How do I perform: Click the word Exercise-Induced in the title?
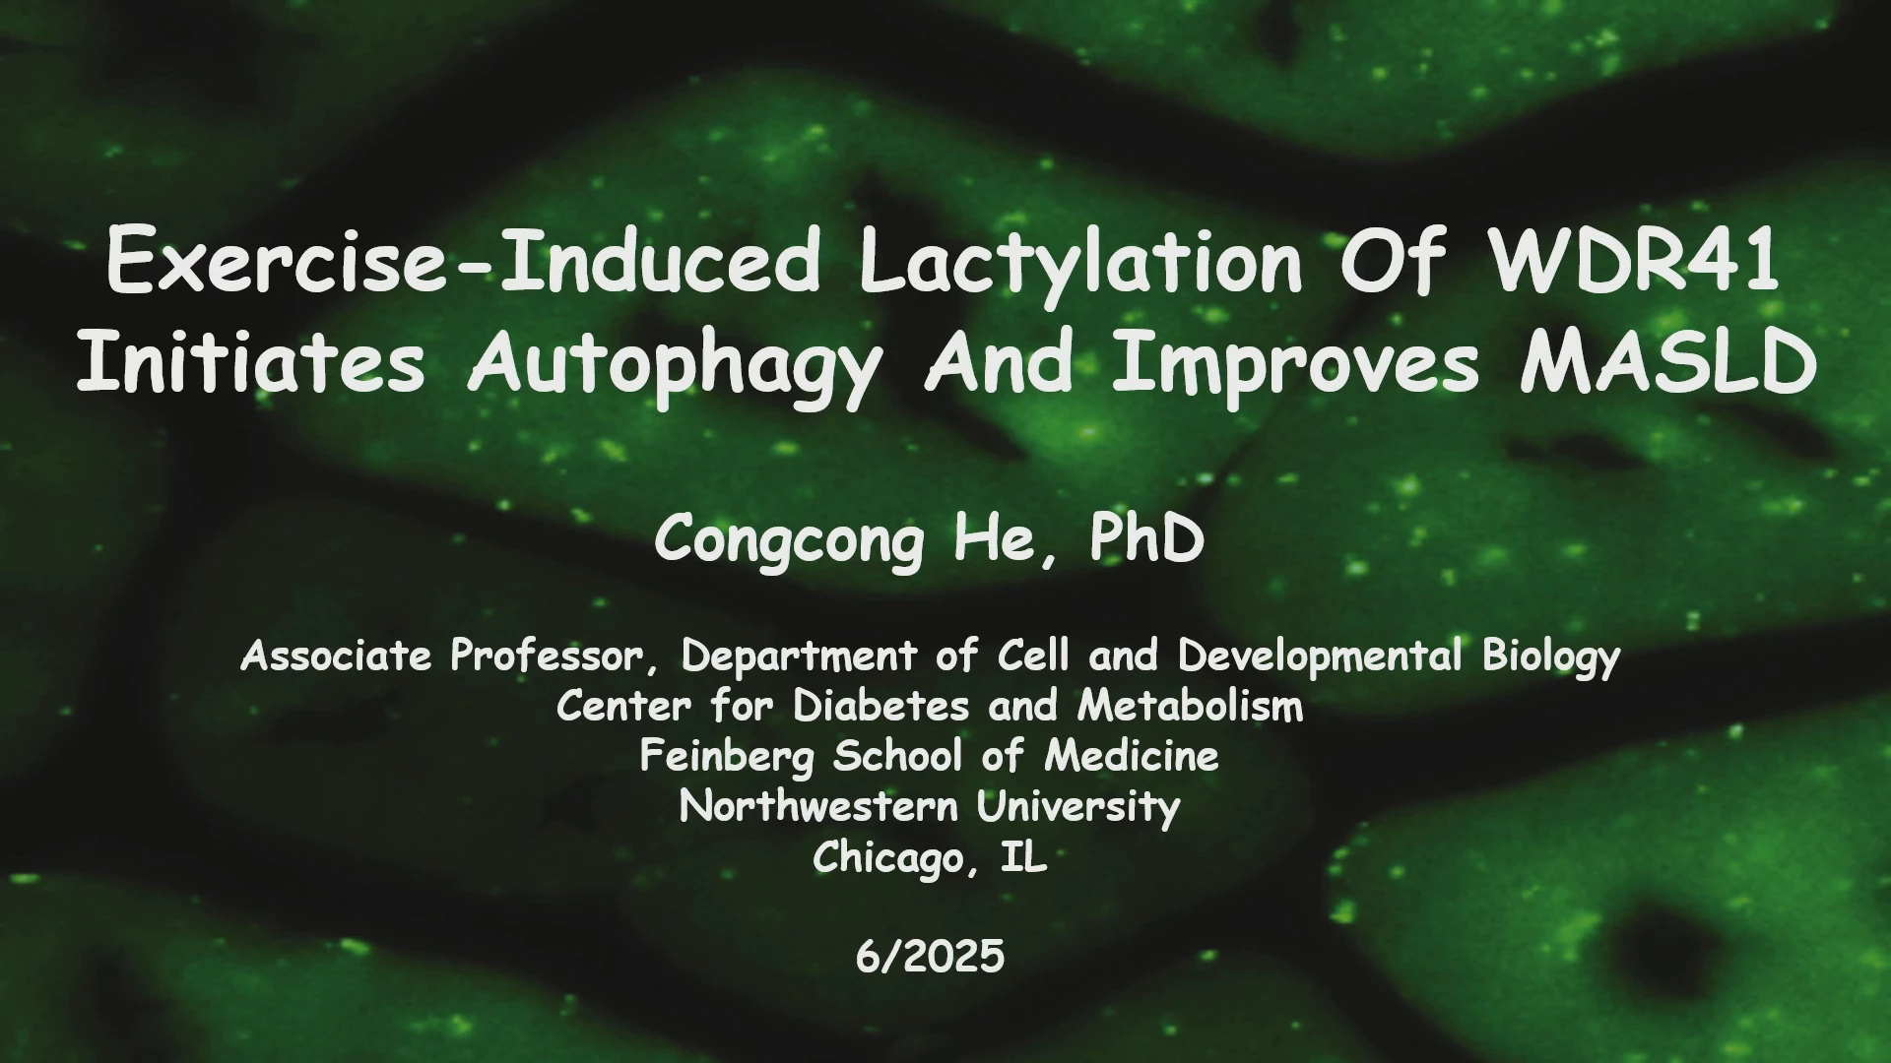463,260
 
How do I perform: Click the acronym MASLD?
1668,360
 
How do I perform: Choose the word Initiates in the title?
251,360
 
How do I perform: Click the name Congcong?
789,541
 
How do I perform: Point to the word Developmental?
1321,657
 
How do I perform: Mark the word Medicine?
1132,756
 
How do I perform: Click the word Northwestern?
818,807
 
